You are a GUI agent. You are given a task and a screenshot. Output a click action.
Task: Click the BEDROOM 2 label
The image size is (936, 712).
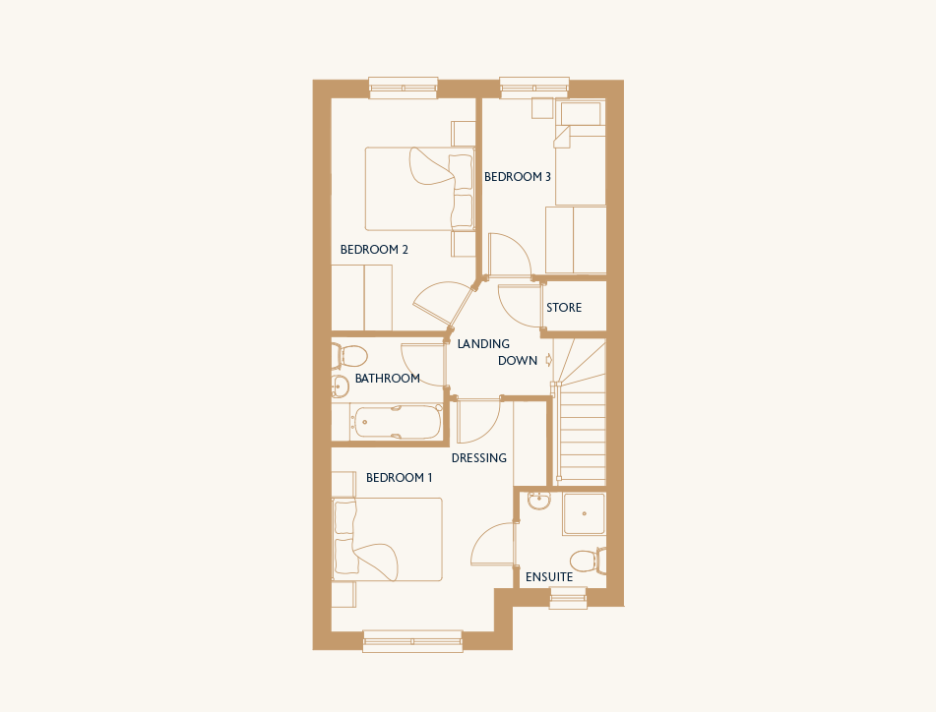point(374,249)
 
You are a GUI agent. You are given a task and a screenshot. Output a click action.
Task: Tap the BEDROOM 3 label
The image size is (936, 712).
point(518,176)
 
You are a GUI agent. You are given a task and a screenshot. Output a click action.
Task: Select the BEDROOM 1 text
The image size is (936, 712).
point(400,478)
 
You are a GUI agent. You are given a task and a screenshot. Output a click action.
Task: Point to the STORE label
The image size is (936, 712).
point(564,308)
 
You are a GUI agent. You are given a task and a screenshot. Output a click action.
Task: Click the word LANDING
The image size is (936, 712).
point(483,344)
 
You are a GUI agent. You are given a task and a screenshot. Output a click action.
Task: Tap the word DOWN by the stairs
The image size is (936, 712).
point(518,361)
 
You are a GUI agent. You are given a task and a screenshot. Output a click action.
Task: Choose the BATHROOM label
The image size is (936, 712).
point(388,378)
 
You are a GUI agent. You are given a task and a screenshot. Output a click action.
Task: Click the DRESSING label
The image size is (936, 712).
point(478,458)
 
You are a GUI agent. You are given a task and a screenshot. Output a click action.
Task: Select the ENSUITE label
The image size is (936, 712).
point(549,577)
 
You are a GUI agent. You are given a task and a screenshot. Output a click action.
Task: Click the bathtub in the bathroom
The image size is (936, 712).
point(397,422)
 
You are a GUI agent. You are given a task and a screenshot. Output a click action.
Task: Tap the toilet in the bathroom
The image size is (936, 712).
point(349,357)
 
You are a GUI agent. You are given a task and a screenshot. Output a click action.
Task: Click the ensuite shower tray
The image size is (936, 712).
point(585,513)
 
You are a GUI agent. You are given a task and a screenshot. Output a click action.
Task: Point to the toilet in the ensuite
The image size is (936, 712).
point(588,561)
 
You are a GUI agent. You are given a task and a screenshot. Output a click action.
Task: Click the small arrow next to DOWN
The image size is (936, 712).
point(549,360)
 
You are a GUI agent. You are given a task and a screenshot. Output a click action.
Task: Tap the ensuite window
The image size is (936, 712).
point(568,598)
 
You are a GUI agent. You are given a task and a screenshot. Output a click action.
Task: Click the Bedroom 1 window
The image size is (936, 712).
point(412,641)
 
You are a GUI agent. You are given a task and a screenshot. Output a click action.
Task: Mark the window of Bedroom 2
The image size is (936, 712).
point(404,88)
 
